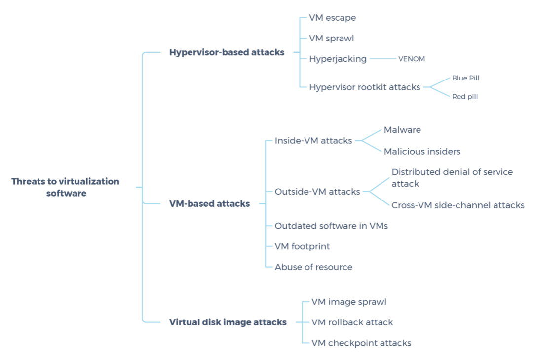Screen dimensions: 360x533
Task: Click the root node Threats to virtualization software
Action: (x=66, y=187)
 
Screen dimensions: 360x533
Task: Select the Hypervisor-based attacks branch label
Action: (x=227, y=52)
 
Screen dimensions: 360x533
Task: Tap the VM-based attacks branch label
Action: (x=209, y=203)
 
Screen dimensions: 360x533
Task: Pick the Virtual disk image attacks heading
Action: (x=228, y=322)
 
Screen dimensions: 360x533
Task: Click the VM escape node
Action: (x=332, y=18)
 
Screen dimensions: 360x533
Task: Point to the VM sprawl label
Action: (x=331, y=38)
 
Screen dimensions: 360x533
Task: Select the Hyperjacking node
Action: (x=338, y=59)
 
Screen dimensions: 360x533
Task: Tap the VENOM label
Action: (x=412, y=59)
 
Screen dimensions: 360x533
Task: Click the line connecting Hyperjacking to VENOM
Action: (x=382, y=59)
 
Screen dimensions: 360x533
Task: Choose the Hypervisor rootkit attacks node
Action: (x=365, y=87)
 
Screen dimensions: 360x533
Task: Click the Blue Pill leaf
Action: (x=465, y=78)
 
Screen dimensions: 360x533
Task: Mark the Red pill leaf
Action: (x=465, y=97)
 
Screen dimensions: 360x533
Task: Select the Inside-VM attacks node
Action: (x=313, y=141)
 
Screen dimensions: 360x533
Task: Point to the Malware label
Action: (x=402, y=130)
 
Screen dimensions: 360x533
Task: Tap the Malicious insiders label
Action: (x=422, y=152)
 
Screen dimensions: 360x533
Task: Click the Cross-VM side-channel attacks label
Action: (x=457, y=205)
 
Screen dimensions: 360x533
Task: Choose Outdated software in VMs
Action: (x=331, y=226)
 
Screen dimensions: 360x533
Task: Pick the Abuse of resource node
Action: (x=313, y=267)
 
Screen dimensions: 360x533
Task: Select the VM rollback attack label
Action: (x=352, y=322)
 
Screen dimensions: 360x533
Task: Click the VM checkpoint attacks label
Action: (x=361, y=343)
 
